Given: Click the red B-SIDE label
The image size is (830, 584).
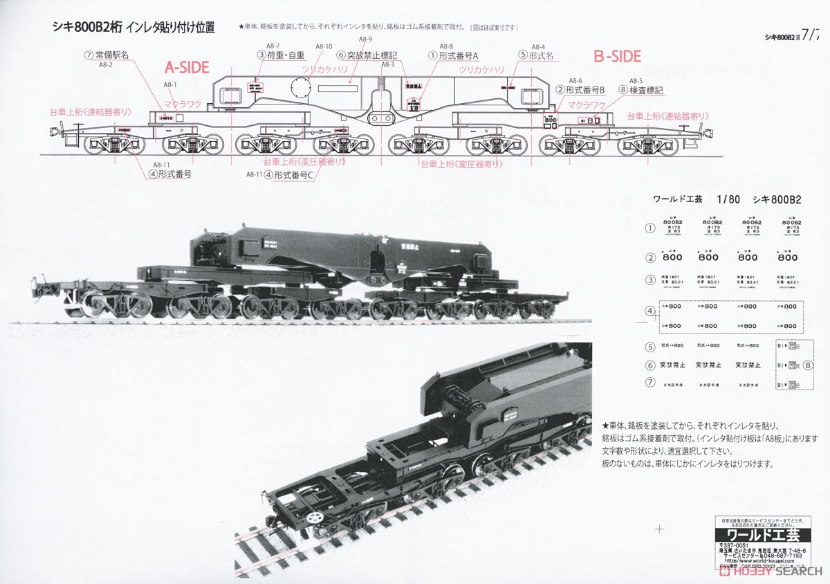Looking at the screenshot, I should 618,56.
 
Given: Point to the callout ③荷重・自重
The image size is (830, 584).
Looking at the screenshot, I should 281,55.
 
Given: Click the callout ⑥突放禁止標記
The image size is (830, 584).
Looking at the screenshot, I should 367,55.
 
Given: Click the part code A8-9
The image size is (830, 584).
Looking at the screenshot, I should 366,39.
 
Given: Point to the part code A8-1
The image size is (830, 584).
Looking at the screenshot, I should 170,84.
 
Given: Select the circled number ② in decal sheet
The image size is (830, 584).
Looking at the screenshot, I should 649,257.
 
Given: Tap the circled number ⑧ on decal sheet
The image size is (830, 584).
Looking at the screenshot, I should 807,365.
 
